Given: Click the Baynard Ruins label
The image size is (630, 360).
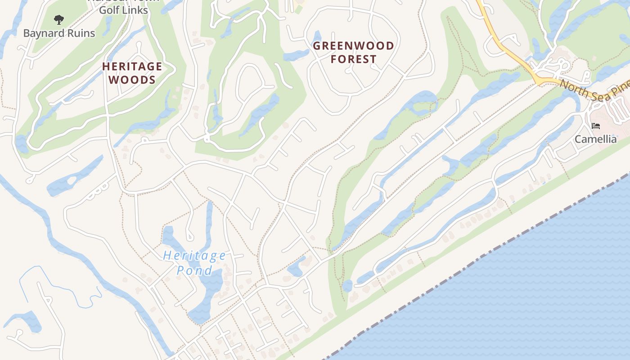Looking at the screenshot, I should pyautogui.click(x=59, y=33).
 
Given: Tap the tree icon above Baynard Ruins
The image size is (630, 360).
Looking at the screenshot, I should pyautogui.click(x=58, y=19).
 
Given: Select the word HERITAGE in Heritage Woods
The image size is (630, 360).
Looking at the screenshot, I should pyautogui.click(x=132, y=67).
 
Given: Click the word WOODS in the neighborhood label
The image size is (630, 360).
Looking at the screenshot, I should pyautogui.click(x=132, y=80).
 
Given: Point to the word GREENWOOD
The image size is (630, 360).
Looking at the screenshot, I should pyautogui.click(x=353, y=46).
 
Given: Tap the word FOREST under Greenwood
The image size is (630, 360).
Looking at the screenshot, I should pyautogui.click(x=353, y=59).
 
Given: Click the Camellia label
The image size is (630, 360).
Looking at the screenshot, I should pyautogui.click(x=595, y=139).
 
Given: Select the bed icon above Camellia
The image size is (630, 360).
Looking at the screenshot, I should pyautogui.click(x=596, y=126).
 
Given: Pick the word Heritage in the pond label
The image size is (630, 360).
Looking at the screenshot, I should pyautogui.click(x=194, y=256).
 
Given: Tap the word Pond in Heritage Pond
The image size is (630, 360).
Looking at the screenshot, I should pyautogui.click(x=194, y=270).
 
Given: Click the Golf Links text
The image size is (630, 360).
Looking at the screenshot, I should pyautogui.click(x=123, y=10).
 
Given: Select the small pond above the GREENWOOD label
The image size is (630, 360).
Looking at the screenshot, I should pyautogui.click(x=316, y=38).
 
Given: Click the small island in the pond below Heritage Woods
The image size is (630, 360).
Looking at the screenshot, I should pyautogui.click(x=71, y=181).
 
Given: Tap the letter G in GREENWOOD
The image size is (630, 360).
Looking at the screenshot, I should pyautogui.click(x=317, y=46).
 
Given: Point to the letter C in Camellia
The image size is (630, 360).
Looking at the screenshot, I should pyautogui.click(x=578, y=139).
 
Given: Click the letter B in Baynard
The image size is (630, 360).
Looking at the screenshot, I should pyautogui.click(x=26, y=33).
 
